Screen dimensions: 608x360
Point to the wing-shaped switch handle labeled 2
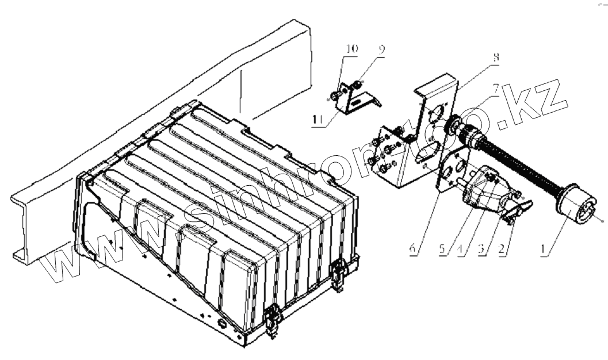click(521, 205)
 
